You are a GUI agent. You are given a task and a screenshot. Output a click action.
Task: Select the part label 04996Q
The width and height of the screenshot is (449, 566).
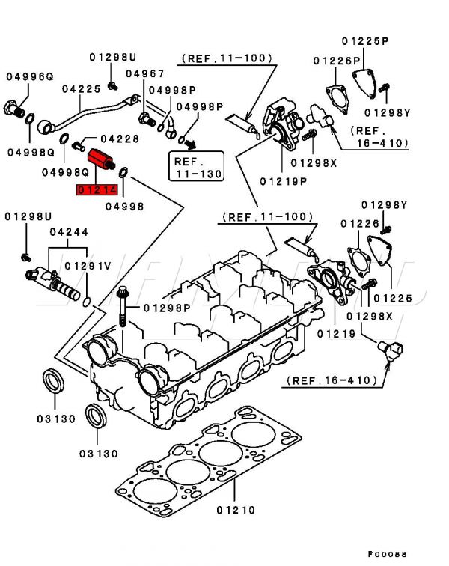point(30,76)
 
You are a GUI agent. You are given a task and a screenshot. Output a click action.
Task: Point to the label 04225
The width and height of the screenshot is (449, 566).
point(81,88)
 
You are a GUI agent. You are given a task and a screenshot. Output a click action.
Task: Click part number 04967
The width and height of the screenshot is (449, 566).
point(144,73)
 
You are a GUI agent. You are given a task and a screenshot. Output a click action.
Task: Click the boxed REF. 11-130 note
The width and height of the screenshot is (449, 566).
point(196,166)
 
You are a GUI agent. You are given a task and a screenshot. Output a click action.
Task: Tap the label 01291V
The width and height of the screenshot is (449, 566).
point(88,265)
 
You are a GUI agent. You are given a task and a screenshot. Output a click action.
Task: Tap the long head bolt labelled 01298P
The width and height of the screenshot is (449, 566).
point(123,307)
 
